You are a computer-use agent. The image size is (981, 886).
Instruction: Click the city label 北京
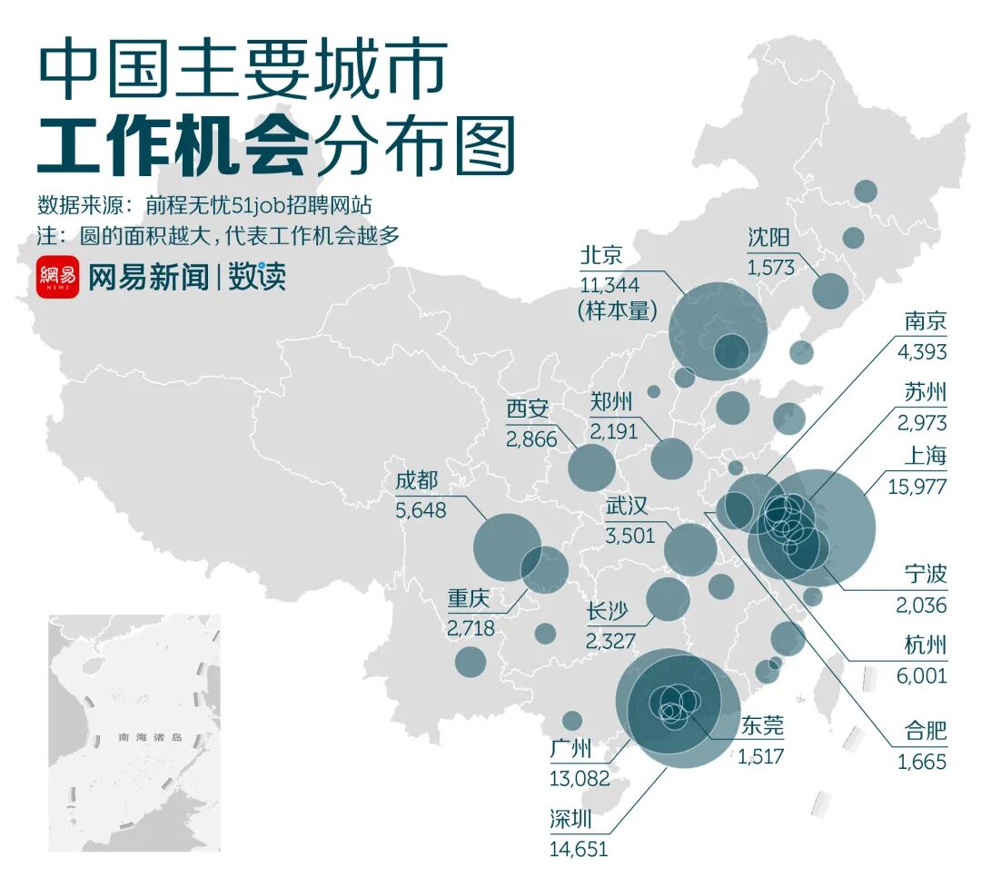point(600,253)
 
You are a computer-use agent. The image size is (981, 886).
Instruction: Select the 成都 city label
point(418,482)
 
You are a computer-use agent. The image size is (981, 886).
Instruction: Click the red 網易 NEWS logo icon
point(59,277)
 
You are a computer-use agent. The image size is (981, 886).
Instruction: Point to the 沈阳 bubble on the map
point(829,290)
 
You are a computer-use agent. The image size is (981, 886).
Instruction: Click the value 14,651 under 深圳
point(579,849)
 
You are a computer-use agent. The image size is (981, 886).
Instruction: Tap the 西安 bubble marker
point(591,466)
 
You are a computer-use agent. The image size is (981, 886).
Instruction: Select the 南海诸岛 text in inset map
point(150,737)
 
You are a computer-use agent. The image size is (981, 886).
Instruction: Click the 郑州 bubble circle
point(672,458)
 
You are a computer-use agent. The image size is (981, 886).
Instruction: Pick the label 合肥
point(926,732)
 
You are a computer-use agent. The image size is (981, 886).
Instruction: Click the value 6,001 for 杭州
point(922,674)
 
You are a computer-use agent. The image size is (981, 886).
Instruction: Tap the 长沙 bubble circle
point(668,599)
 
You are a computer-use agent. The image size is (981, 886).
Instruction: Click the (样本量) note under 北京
point(617,310)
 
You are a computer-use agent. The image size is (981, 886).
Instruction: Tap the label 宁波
point(926,575)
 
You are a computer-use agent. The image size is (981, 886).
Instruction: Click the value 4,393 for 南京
point(922,352)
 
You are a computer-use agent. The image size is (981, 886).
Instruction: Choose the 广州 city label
point(571,751)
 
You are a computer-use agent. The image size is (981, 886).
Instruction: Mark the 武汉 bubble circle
point(690,549)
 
